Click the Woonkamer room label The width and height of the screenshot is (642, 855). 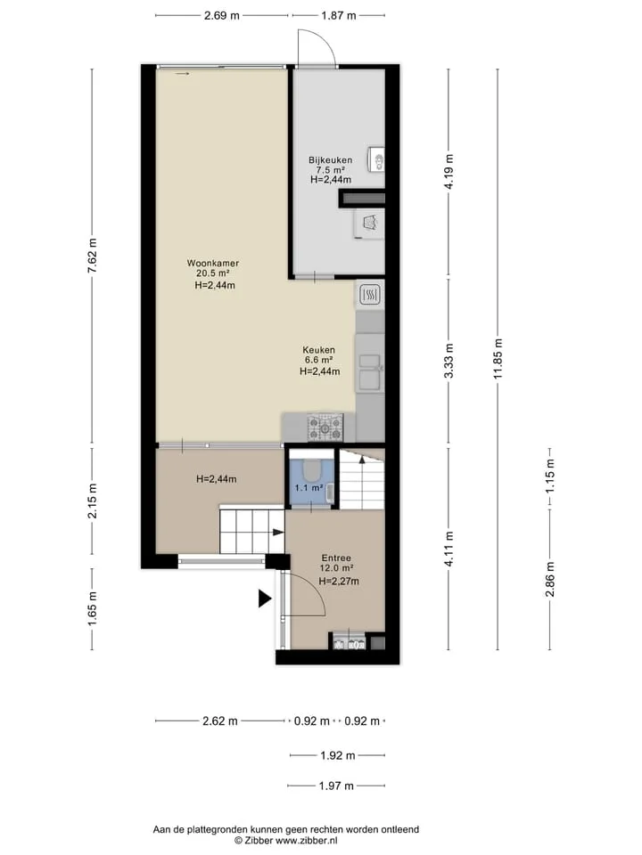213,264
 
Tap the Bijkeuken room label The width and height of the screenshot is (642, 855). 330,160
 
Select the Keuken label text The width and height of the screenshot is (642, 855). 319,350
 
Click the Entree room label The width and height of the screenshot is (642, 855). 336,558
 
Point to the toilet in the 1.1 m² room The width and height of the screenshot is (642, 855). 312,469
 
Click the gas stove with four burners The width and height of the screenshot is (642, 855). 325,427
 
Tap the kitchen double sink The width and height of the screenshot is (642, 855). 370,371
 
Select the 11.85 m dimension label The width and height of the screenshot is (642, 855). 498,359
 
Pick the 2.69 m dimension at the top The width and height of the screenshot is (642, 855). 222,15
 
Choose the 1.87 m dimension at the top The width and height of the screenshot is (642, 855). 339,15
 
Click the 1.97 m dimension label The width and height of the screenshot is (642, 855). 336,786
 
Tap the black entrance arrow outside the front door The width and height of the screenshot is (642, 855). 265,598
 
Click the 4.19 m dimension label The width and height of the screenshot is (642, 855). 449,172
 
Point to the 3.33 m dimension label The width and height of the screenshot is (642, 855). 449,361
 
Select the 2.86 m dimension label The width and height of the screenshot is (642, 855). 550,579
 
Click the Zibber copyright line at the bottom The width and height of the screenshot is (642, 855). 286,841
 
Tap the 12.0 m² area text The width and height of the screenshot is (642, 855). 336,568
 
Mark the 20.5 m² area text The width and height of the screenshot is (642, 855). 213,273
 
